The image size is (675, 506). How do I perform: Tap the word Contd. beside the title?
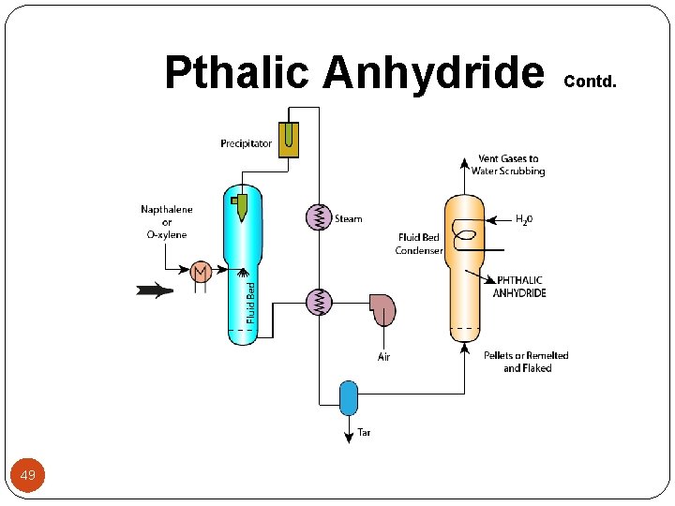tap(590, 81)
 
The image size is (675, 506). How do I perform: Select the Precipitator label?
tap(247, 143)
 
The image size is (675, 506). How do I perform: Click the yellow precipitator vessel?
tap(289, 139)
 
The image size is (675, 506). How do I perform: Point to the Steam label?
tap(349, 219)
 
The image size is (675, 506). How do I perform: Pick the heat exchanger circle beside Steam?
tap(320, 217)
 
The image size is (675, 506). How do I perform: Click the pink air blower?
tap(382, 309)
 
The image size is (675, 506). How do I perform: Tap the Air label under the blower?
tap(383, 357)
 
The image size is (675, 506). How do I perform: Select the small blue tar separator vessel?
tap(348, 397)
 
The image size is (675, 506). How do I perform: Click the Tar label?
tap(364, 433)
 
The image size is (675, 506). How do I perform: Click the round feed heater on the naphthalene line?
tap(201, 271)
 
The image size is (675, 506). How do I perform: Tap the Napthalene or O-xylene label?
tap(167, 222)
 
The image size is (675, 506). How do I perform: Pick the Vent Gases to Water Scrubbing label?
tap(508, 165)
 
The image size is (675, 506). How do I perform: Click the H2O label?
tap(524, 220)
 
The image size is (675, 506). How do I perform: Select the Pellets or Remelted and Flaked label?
tap(526, 362)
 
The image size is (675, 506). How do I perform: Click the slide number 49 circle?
tap(28, 476)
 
